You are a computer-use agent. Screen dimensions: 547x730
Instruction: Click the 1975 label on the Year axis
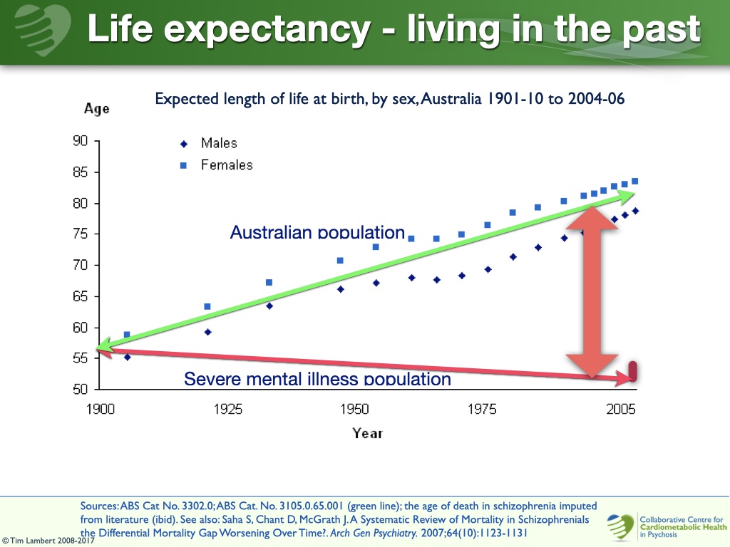[x=482, y=410]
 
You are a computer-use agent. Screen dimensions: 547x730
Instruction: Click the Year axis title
[x=367, y=433]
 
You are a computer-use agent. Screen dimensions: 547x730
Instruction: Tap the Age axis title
[x=96, y=109]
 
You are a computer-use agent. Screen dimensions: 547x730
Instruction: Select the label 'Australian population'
[x=317, y=232]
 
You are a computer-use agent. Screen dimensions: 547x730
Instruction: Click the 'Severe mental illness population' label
[x=317, y=379]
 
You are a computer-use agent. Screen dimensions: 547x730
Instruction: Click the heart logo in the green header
[x=40, y=28]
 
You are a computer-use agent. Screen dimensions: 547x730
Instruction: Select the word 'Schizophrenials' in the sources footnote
[x=551, y=520]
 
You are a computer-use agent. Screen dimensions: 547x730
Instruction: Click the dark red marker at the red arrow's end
[x=632, y=371]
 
